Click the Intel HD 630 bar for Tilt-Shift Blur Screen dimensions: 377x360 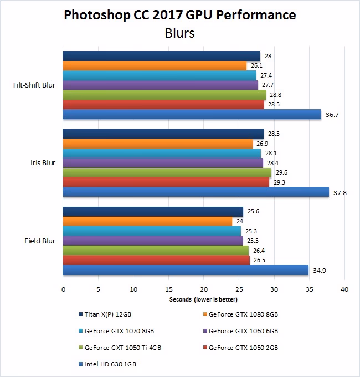click(192, 114)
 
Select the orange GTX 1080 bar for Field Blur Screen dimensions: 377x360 click(147, 221)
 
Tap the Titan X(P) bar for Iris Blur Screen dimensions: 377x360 click(163, 134)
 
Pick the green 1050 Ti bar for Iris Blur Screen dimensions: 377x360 click(167, 172)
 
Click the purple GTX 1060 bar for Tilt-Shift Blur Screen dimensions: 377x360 click(160, 85)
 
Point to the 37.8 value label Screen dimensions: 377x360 click(339, 192)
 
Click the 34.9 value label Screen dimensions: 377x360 click(318, 270)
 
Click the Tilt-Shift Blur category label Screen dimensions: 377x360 click(33, 85)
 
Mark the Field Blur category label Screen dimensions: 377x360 click(40, 241)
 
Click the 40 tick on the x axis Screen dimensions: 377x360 click(344, 289)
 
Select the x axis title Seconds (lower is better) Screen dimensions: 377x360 click(203, 299)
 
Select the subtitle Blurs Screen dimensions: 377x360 click(179, 33)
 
